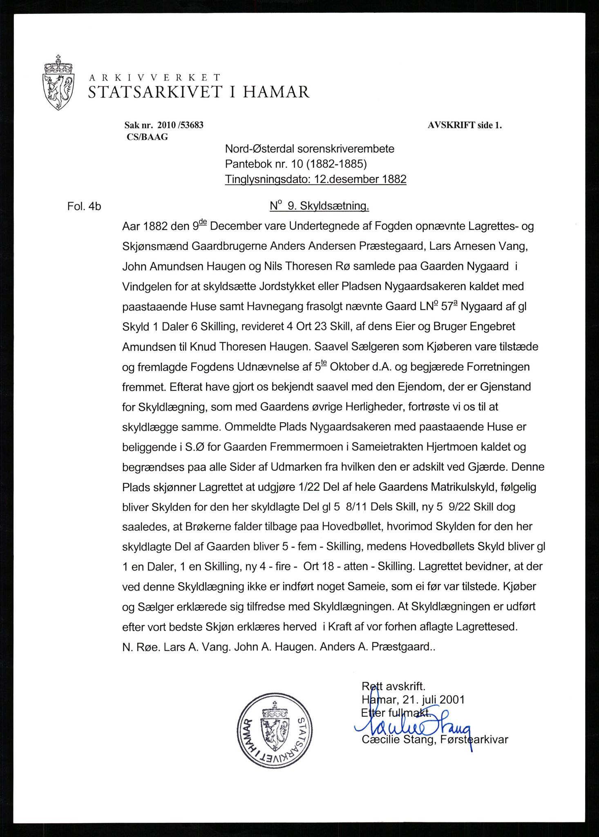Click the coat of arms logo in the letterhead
click(x=58, y=83)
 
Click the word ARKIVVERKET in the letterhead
click(x=154, y=77)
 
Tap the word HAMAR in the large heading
click(x=276, y=92)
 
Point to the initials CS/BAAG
click(x=147, y=137)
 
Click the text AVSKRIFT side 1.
click(x=465, y=125)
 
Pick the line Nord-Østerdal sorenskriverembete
click(x=310, y=149)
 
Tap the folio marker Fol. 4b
click(x=84, y=206)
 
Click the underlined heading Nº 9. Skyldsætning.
click(x=319, y=206)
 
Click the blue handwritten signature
click(x=413, y=728)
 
